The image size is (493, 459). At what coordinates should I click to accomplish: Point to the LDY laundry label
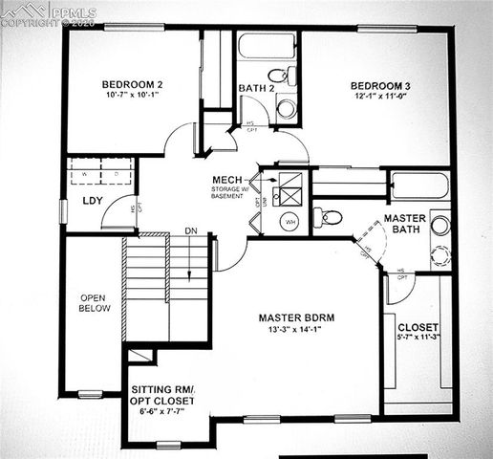[93, 201]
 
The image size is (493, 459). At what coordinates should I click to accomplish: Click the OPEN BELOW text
[96, 303]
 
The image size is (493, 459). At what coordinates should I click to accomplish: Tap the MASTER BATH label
[404, 225]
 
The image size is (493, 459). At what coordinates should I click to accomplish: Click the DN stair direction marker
[191, 230]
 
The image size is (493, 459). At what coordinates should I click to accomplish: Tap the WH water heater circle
[289, 222]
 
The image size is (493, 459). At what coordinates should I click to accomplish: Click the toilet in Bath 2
[278, 76]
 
